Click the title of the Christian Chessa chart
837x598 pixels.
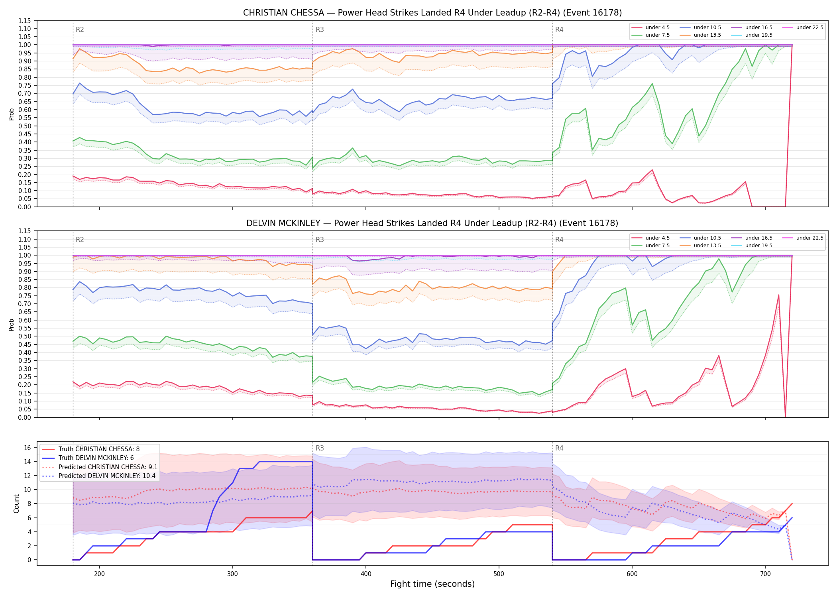tap(432, 13)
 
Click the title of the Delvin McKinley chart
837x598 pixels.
tap(432, 223)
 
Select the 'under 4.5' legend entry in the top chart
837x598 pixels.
tap(650, 28)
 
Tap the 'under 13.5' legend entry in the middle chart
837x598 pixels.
tap(700, 246)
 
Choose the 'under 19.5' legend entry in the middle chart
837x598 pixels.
tap(752, 246)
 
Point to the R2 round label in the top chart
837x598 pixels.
tap(80, 30)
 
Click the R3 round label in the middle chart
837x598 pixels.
tap(320, 240)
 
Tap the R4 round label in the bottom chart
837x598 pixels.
tap(559, 448)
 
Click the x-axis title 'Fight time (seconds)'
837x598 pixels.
tap(432, 584)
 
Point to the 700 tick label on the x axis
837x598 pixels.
tap(765, 574)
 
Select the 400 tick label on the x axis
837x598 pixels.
tap(366, 574)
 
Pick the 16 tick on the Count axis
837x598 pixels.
tap(28, 448)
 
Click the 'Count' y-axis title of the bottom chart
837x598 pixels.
tap(16, 504)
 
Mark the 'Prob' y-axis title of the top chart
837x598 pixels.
tap(12, 114)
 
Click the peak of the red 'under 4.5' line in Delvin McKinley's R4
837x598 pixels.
tap(778, 295)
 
